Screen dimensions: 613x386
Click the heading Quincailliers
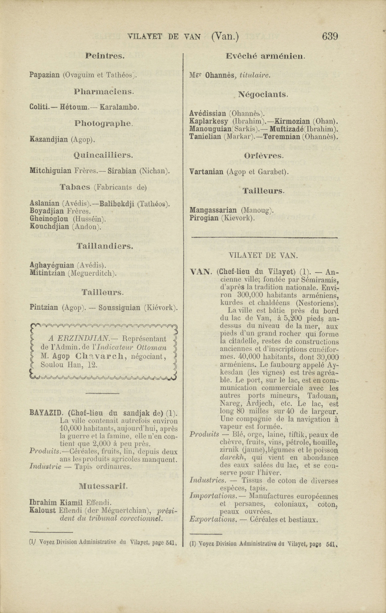[x=103, y=155]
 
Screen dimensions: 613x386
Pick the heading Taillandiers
[x=105, y=246]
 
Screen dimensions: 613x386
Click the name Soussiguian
[x=119, y=308]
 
